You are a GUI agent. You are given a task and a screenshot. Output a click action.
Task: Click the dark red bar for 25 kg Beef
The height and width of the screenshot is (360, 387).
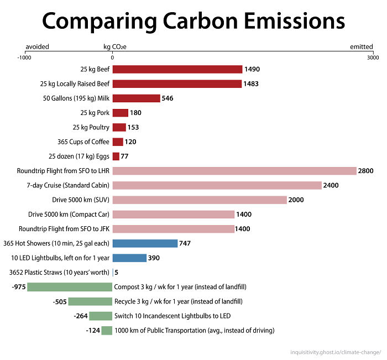177,69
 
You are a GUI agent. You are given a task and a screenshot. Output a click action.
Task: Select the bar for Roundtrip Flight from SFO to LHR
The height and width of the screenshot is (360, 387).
234,171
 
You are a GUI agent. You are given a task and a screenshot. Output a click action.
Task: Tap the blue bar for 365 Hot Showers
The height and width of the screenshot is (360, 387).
145,243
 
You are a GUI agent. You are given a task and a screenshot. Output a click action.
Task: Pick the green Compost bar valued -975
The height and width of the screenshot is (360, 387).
70,287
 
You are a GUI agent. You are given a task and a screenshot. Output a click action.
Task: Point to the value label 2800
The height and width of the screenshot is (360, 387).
366,171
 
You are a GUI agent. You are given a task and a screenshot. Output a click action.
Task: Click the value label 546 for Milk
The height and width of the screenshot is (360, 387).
168,98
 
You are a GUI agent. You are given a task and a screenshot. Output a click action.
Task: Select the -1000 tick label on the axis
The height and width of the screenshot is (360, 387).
24,57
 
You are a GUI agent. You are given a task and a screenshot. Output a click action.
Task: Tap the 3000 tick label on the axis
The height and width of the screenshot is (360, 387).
373,57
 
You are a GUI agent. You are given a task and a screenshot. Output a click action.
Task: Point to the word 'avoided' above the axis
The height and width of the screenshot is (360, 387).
37,47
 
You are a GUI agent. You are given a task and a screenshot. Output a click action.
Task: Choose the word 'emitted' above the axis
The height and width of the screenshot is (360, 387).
362,47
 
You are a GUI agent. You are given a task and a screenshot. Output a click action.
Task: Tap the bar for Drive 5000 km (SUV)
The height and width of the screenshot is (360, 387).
200,200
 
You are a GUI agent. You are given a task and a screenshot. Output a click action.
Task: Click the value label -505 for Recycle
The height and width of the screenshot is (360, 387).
60,301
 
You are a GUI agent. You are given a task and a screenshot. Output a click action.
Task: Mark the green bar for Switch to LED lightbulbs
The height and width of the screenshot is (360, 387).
101,316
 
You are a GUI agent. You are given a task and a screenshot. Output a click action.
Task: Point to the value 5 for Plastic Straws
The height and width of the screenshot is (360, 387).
116,273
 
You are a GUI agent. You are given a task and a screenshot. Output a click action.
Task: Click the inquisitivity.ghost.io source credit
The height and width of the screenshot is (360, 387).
337,352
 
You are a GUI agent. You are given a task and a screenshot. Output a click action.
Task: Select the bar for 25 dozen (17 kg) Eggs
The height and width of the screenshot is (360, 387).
116,156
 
